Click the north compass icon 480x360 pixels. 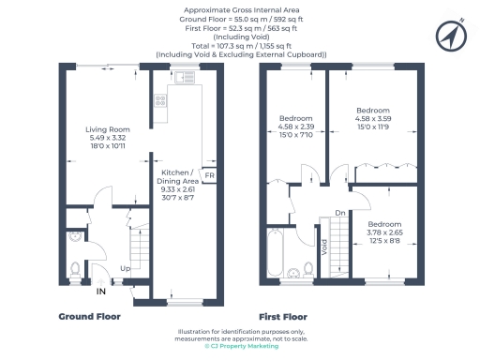coord(450,35)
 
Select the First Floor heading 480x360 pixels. coord(285,317)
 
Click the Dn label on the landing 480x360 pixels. coord(338,212)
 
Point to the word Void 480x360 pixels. coord(324,248)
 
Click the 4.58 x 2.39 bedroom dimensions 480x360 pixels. coord(295,127)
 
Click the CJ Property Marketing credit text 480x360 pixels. coord(240,346)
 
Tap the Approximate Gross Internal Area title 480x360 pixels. coord(240,8)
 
